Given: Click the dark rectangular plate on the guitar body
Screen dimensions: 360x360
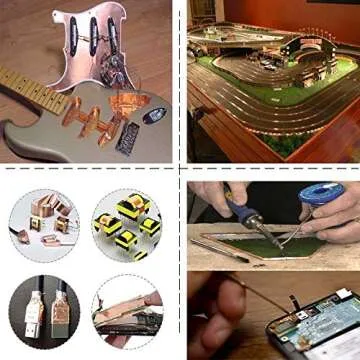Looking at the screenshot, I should (x=128, y=137).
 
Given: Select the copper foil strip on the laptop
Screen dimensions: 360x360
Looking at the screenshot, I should (x=125, y=320).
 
